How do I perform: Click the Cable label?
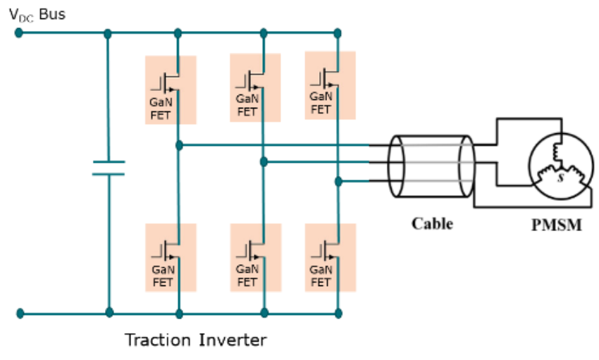tap(432, 224)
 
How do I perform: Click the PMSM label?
tap(556, 227)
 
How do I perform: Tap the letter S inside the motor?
tap(561, 179)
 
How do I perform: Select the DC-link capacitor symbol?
tap(109, 168)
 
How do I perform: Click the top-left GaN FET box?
tap(171, 89)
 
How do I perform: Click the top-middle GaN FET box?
tap(256, 88)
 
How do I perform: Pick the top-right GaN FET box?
tap(330, 85)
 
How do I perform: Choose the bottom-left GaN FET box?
tap(171, 258)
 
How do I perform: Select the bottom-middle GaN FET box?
tap(256, 258)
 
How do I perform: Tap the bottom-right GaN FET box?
tap(330, 258)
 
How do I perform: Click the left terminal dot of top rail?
tap(19, 32)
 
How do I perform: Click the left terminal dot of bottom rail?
tap(20, 313)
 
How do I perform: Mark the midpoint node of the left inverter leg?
tap(179, 145)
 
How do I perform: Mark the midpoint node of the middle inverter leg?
tap(264, 162)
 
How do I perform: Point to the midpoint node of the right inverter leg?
tap(338, 182)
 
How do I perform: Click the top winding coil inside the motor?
tap(560, 151)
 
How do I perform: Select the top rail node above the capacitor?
tap(108, 33)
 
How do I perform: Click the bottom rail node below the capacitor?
tap(109, 312)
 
